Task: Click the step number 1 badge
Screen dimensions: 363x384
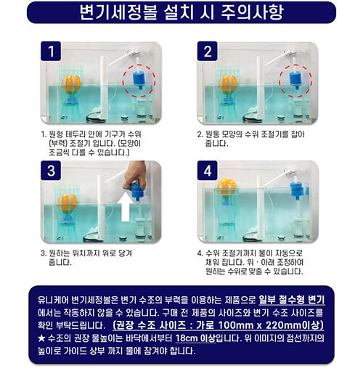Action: (51, 52)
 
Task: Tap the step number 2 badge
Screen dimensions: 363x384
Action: (208, 52)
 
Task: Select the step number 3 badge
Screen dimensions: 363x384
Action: (51, 171)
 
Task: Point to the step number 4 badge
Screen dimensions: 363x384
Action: (208, 171)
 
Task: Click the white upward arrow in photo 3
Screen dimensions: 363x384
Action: (126, 206)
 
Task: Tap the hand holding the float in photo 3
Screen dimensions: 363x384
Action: (135, 176)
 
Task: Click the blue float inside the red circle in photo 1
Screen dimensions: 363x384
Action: (139, 79)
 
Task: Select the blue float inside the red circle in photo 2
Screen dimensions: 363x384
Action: (296, 79)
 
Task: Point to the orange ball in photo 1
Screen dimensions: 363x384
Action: (71, 84)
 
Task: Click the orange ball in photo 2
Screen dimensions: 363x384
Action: (228, 84)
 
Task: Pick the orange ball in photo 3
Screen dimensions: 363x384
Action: (68, 203)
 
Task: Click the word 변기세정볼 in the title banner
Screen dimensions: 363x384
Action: (118, 12)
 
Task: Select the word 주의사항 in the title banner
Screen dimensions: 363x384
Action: (253, 12)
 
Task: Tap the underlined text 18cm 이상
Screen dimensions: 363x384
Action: (195, 338)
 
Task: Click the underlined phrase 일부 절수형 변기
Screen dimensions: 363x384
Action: (292, 300)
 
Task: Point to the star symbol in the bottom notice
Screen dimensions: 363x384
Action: (41, 338)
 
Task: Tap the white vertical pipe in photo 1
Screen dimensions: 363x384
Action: (104, 88)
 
